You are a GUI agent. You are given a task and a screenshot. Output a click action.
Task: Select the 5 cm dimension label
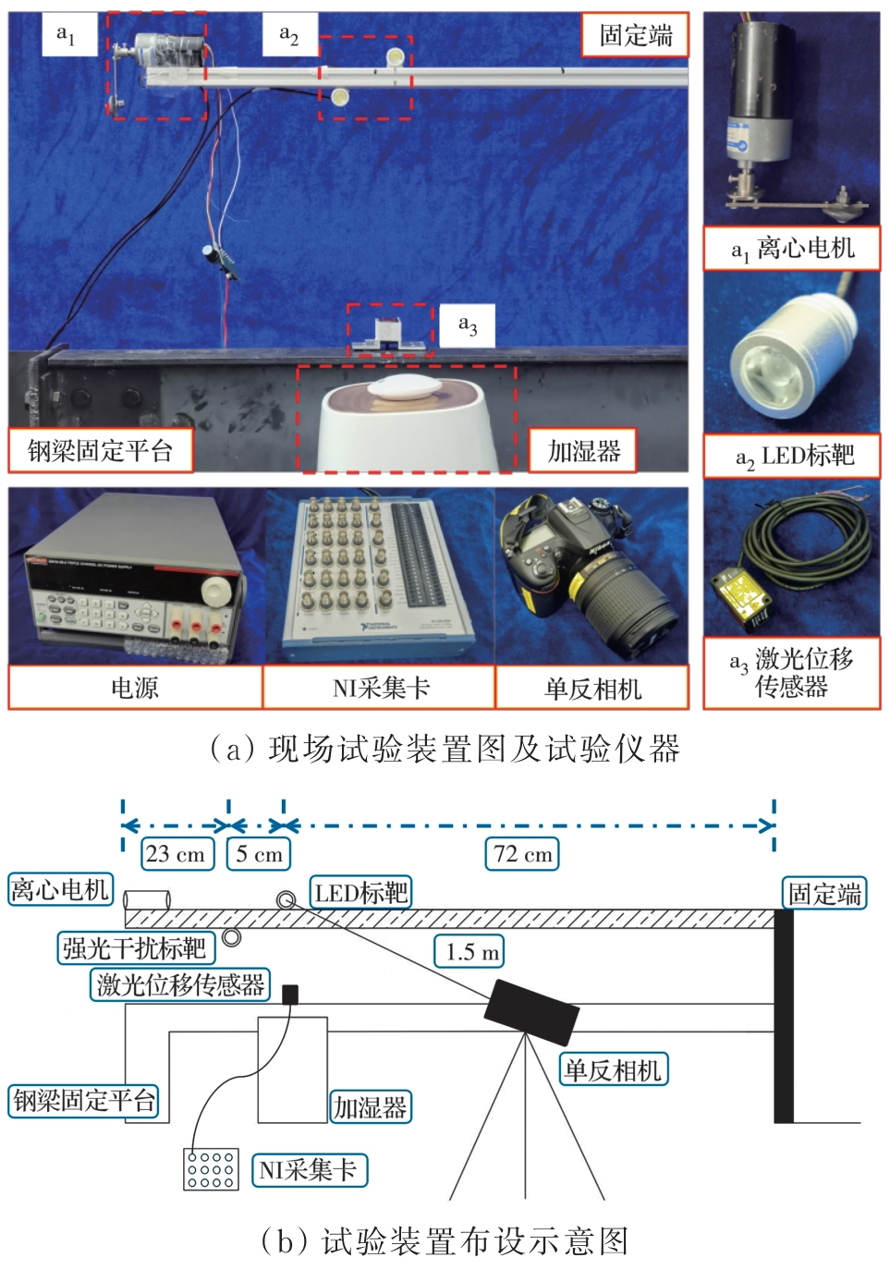(259, 854)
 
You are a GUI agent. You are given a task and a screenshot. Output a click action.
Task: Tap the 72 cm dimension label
(522, 854)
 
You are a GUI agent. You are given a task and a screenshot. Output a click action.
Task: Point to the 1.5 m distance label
(469, 952)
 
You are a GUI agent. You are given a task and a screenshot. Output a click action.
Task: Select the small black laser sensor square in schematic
(290, 995)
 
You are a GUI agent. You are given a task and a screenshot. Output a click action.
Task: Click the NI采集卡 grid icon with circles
(211, 1168)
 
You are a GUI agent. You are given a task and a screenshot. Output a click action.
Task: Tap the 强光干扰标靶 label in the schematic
(136, 948)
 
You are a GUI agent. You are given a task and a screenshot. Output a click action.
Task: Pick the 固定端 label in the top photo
(635, 34)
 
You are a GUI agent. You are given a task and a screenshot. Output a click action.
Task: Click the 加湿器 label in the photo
(582, 451)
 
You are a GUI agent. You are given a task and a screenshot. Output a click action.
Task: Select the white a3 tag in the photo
(467, 325)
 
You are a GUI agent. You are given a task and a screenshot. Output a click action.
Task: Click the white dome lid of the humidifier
(405, 388)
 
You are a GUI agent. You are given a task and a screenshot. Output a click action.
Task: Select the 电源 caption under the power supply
(135, 688)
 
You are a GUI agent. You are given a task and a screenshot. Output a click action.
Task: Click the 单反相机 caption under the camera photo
(592, 688)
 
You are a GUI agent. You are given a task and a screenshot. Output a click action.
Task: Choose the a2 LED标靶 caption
(794, 456)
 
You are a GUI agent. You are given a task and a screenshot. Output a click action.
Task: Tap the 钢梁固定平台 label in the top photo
(100, 450)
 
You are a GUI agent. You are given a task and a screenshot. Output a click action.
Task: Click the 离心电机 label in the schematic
(60, 890)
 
